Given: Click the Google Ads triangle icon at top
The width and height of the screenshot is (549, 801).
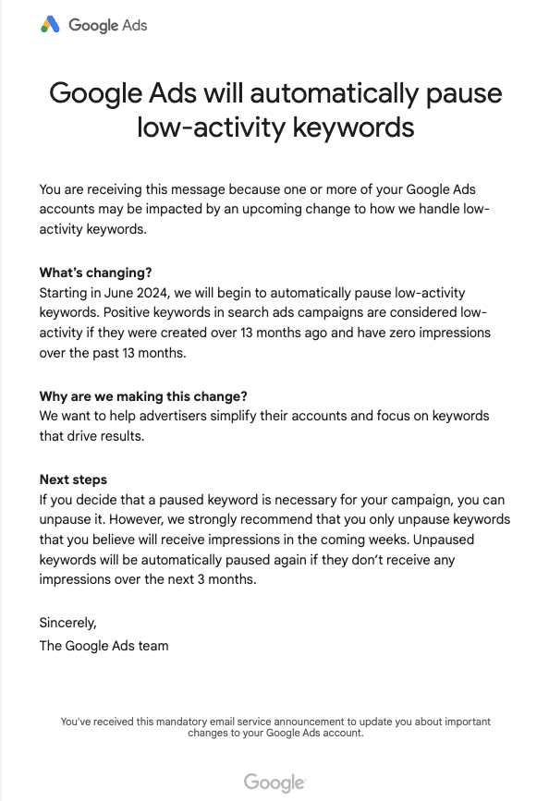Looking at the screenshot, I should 50,25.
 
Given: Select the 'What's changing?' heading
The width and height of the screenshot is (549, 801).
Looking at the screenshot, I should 95,273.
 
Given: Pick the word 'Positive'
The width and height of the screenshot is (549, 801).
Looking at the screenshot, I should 140,312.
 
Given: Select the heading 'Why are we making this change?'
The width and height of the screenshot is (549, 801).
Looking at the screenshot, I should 143,396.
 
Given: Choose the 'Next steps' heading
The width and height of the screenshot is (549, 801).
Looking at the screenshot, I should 73,479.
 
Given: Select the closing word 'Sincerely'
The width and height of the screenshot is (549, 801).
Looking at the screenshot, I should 67,622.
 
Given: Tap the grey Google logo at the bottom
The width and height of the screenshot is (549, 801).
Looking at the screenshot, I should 274,783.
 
